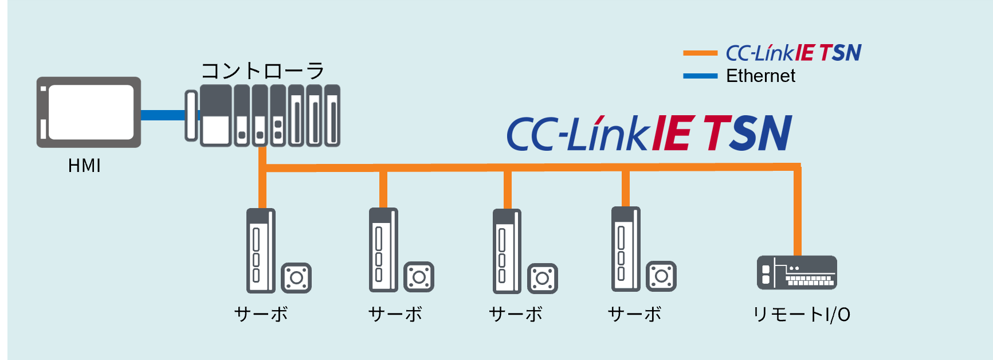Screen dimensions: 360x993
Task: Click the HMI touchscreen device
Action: (89, 112)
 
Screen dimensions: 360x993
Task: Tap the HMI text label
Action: (84, 166)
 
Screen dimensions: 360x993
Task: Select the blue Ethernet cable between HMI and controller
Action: (163, 115)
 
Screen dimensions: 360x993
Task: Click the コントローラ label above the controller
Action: (263, 71)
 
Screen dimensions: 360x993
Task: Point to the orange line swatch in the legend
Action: (700, 53)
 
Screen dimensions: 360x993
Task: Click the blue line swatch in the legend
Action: (700, 76)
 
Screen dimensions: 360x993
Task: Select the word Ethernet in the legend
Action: (760, 76)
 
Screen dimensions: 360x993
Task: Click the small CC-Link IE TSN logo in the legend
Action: (794, 53)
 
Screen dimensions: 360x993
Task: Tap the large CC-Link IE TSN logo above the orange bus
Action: (649, 133)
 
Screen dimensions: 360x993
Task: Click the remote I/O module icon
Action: (796, 273)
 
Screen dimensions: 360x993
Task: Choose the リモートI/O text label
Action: (801, 314)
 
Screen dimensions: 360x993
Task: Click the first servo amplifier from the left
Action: (261, 251)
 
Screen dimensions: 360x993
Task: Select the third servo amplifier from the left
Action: (507, 251)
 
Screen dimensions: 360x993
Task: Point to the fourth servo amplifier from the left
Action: (626, 249)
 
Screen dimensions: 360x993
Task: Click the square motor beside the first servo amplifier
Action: (296, 278)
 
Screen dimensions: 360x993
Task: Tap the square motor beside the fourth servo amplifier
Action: (661, 276)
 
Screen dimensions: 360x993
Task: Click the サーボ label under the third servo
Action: (516, 314)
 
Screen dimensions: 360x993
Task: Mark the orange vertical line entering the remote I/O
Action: (797, 212)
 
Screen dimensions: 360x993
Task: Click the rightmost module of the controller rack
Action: (332, 116)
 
